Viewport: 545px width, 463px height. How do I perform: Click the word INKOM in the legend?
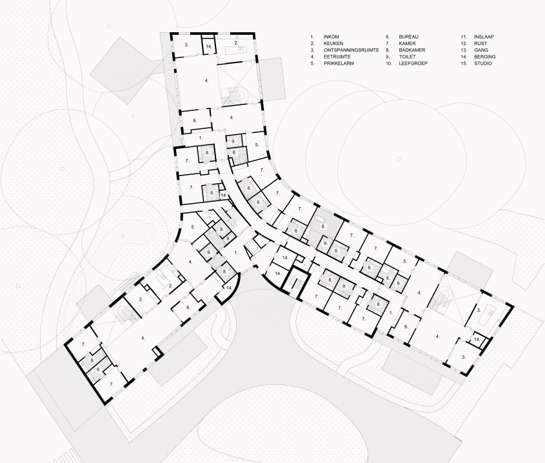click(x=332, y=37)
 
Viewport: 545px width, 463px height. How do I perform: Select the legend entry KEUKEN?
click(x=334, y=44)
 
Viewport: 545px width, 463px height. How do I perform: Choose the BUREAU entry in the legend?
click(x=410, y=37)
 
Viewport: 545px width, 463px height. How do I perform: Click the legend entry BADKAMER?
click(x=412, y=50)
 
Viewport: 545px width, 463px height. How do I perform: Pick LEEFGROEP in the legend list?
click(x=413, y=63)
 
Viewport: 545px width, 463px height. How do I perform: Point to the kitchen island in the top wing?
click(x=237, y=47)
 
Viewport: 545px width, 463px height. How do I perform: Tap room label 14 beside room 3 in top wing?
click(x=208, y=47)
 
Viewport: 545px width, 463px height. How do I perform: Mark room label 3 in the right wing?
click(x=462, y=357)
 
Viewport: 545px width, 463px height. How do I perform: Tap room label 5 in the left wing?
click(x=193, y=227)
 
